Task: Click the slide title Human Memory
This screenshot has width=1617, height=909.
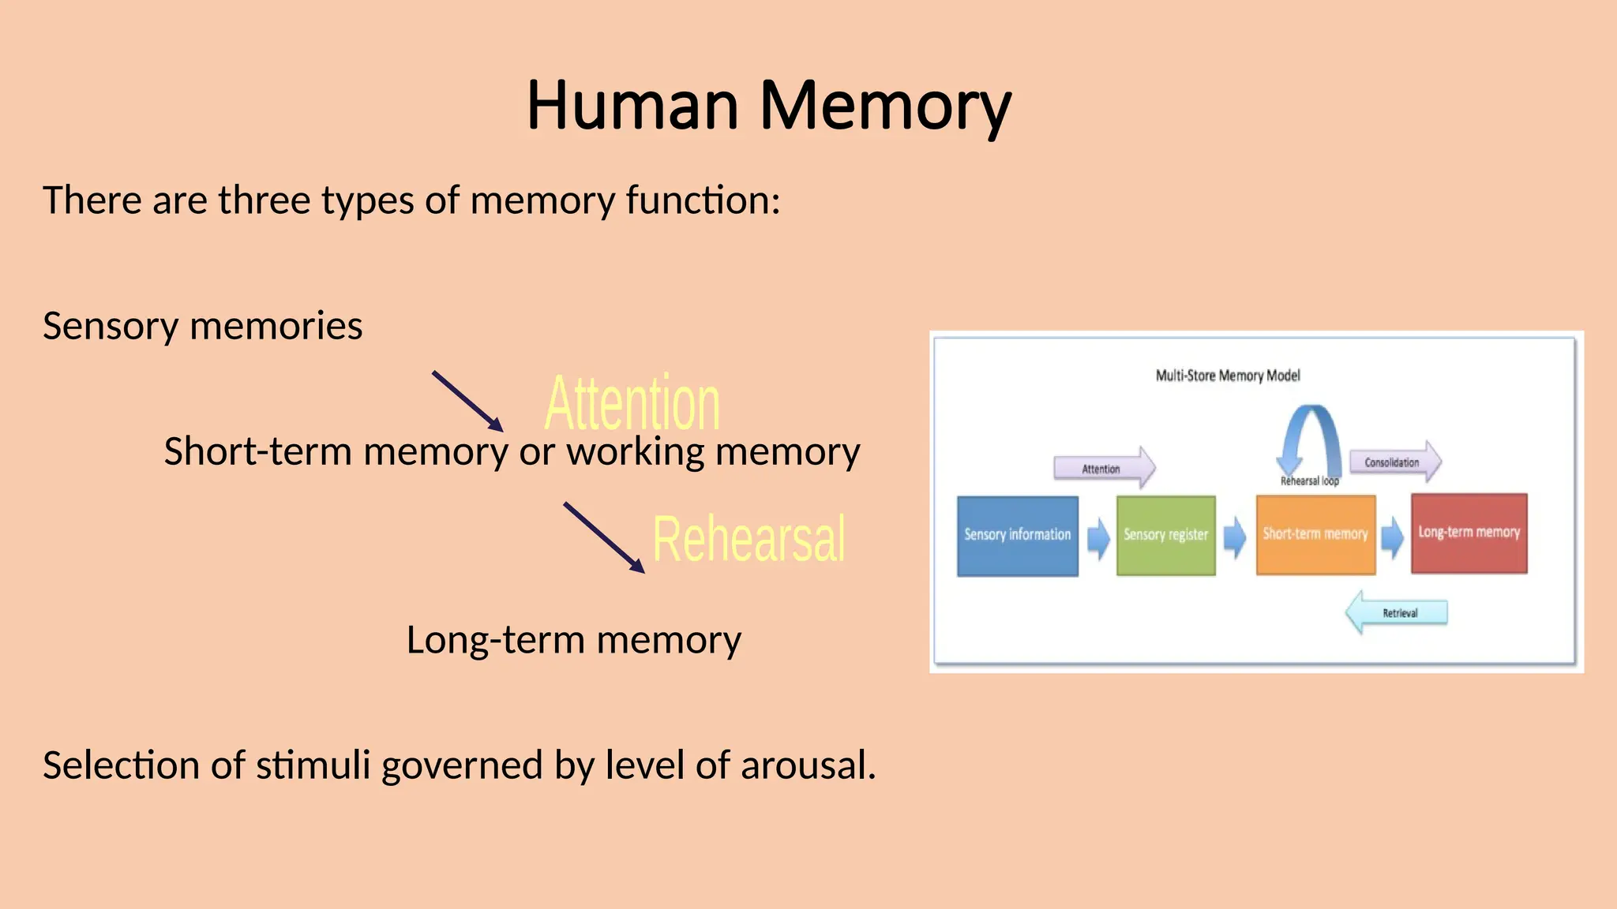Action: [x=768, y=106]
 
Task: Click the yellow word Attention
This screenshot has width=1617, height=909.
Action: [x=632, y=403]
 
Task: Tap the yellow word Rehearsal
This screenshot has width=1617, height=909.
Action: [x=748, y=539]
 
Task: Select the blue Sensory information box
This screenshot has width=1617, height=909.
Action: [x=1017, y=536]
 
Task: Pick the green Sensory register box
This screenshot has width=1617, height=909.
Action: [x=1165, y=536]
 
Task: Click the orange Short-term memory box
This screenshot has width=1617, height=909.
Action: [x=1315, y=534]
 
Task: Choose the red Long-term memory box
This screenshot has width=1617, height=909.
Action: [x=1469, y=533]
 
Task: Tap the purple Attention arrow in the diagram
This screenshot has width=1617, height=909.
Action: [x=1104, y=468]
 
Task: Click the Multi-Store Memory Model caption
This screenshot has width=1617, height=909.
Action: [x=1228, y=376]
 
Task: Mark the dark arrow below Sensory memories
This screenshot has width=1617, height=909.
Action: [x=467, y=401]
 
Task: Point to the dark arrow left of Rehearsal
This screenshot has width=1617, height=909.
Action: [x=604, y=537]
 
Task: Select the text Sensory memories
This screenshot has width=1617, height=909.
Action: [x=203, y=326]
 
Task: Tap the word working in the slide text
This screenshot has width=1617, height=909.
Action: [x=635, y=452]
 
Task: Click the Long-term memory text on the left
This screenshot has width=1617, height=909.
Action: [x=574, y=640]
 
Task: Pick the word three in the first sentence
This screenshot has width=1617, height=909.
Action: [x=264, y=200]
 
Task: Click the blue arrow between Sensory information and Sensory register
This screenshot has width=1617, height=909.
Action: [x=1097, y=539]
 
